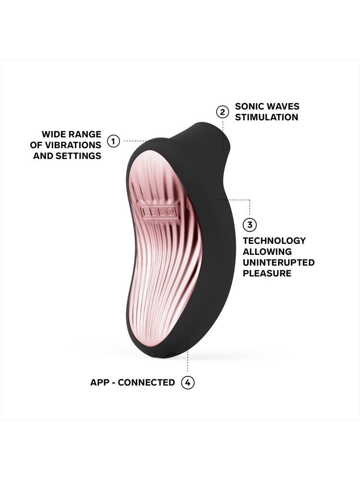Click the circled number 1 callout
[113, 141]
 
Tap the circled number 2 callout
[223, 112]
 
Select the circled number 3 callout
[250, 225]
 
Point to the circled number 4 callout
[188, 383]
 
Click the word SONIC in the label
[248, 107]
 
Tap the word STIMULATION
[266, 117]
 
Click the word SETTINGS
[79, 156]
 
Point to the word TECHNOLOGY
[275, 240]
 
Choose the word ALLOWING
[267, 252]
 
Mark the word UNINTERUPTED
[279, 263]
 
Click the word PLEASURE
[267, 274]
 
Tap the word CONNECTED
[146, 383]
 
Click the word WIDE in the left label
[54, 134]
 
